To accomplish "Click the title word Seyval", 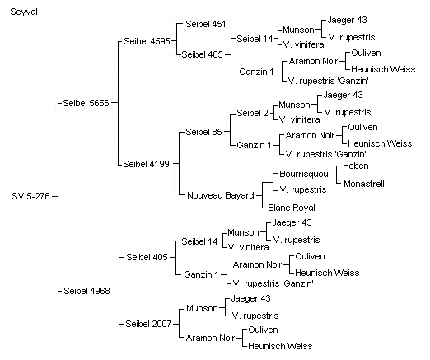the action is pos(24,12).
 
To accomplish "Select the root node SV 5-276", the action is pos(30,196).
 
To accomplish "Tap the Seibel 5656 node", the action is pos(86,103).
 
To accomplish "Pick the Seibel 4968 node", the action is pos(86,291).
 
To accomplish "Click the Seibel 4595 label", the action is pos(147,41).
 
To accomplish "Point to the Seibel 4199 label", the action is pos(146,164).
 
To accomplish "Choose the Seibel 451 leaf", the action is pos(206,24).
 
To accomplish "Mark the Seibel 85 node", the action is pos(203,132).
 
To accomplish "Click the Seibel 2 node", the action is pos(252,113).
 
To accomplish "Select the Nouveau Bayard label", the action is pos(221,195).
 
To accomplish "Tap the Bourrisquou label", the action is pos(304,174).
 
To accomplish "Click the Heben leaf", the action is pos(356,166).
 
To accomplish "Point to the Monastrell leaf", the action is pos(364,184).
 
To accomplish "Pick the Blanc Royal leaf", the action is pos(292,208).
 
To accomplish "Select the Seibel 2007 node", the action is pos(148,324).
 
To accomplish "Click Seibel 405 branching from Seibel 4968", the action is pos(147,257).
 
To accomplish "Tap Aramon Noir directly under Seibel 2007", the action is pos(211,338).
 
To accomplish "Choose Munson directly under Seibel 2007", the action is pos(202,308).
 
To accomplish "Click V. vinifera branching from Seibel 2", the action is pos(299,119).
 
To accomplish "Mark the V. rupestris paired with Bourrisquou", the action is pos(303,189).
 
